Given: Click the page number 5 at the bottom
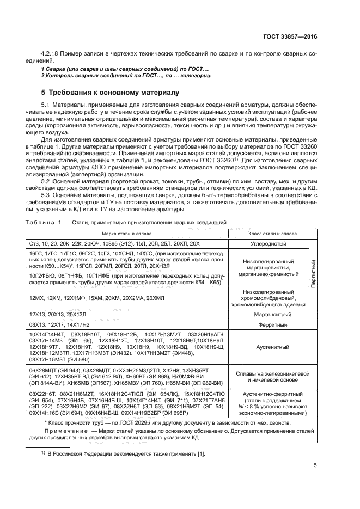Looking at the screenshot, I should [x=315, y=465].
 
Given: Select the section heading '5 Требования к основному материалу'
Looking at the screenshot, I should [x=111, y=93].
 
